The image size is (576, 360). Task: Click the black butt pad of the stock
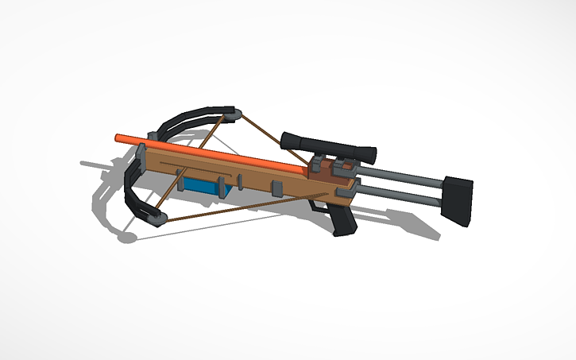(458, 198)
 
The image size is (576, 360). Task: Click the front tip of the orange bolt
(118, 137)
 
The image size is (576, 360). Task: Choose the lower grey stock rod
(397, 196)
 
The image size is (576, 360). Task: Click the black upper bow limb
(187, 121)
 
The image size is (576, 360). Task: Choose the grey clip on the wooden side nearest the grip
(277, 188)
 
